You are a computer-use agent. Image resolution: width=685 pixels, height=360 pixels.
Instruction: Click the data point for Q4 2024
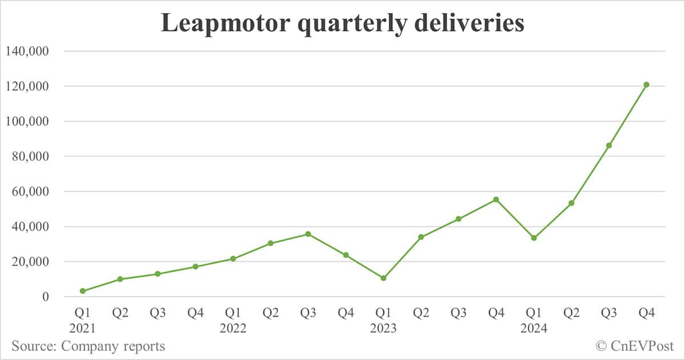[646, 84]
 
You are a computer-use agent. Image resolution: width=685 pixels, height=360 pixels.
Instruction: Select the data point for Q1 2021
[83, 291]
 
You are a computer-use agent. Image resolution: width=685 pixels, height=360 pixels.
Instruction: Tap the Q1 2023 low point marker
[384, 278]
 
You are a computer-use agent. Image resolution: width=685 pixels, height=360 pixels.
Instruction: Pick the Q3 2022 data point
[308, 234]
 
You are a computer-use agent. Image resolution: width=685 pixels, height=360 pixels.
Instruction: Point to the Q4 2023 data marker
[496, 199]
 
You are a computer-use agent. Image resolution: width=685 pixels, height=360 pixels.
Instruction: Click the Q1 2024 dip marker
[534, 238]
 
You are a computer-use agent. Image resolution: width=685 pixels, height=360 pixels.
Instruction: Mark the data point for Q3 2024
[609, 145]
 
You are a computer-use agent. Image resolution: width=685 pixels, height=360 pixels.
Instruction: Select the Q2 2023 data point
[421, 237]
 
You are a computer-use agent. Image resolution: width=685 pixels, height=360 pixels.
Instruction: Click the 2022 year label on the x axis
[233, 329]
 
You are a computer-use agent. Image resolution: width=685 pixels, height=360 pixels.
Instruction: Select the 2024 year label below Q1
[534, 329]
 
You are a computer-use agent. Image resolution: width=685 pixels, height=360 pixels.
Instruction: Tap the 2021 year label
[83, 329]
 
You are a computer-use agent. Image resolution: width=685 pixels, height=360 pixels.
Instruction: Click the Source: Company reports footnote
[88, 346]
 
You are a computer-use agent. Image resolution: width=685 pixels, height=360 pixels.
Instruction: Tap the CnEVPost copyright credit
[635, 346]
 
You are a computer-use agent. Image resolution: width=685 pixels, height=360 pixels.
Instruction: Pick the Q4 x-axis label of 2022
[346, 313]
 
